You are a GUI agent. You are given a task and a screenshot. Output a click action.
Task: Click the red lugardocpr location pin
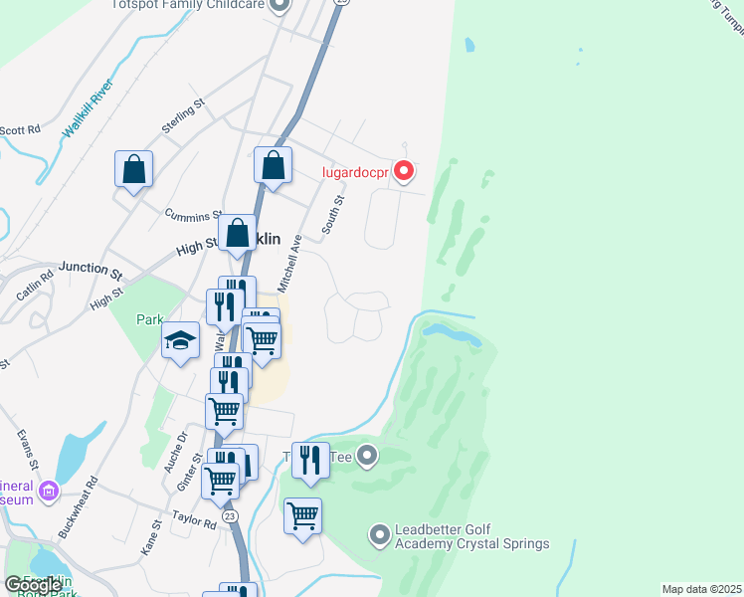tap(404, 171)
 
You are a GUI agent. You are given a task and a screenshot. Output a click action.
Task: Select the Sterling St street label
tap(182, 116)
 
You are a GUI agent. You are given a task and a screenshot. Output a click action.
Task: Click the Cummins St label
tap(194, 216)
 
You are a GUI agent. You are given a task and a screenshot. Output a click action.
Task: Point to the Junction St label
tap(90, 268)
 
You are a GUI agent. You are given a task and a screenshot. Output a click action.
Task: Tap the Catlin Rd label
tap(34, 287)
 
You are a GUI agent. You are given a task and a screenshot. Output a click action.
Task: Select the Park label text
tap(149, 320)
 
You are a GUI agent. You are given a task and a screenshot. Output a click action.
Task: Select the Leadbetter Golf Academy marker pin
tap(379, 535)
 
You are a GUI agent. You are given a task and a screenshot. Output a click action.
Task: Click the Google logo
tap(32, 585)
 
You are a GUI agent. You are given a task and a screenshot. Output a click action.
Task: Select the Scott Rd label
tap(20, 130)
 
